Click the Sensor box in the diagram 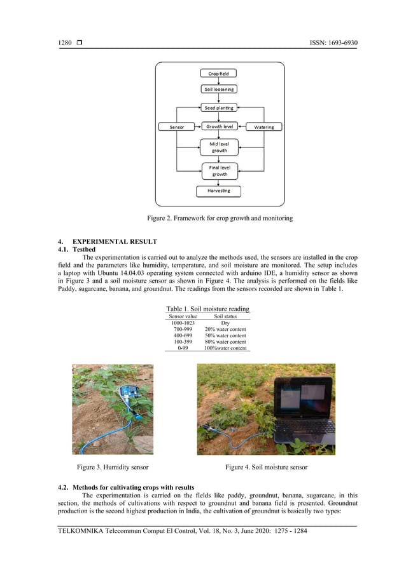click(176, 126)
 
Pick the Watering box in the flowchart click(263, 126)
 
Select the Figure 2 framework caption click(220, 219)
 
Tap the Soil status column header click(226, 316)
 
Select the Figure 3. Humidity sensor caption click(113, 468)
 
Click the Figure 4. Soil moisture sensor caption click(266, 468)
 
